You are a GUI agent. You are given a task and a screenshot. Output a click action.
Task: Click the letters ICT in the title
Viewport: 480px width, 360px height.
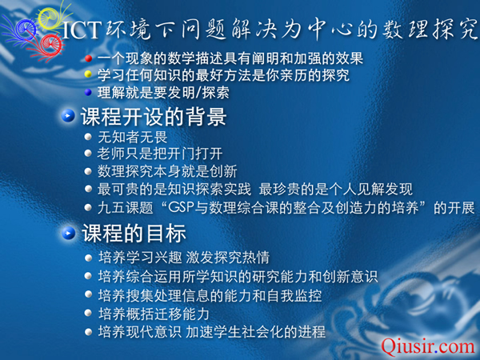82,30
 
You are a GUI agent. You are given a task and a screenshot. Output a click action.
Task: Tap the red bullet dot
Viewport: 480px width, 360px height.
89,58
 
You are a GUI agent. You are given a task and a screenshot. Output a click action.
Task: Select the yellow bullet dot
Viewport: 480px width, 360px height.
89,74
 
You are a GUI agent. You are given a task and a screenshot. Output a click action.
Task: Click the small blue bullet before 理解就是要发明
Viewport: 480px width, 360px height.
89,92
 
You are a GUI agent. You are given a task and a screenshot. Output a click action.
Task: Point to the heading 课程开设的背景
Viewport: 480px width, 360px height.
154,117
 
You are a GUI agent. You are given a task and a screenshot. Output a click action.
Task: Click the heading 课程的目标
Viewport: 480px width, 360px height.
134,234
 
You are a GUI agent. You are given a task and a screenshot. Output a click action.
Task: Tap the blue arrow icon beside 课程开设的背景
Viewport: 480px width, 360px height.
68,116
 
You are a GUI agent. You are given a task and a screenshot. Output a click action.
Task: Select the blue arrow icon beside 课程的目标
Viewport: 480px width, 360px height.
69,234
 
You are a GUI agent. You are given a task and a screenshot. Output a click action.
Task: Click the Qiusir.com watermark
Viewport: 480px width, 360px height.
428,347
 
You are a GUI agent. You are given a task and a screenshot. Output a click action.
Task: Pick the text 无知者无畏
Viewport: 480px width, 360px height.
133,137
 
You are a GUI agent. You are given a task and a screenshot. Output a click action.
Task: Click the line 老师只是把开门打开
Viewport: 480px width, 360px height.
160,154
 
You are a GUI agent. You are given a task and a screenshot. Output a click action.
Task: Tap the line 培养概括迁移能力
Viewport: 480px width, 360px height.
154,314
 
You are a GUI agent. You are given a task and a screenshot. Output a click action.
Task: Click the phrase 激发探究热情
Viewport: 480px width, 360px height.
228,258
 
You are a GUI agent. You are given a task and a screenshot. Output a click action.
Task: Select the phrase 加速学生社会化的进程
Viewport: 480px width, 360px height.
256,332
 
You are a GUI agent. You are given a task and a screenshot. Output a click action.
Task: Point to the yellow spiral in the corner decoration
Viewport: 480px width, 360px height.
50,18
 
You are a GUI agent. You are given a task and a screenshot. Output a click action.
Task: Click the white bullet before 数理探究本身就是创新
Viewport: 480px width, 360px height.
89,171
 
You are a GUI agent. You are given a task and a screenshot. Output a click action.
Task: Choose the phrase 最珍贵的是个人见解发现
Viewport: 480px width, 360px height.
336,190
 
